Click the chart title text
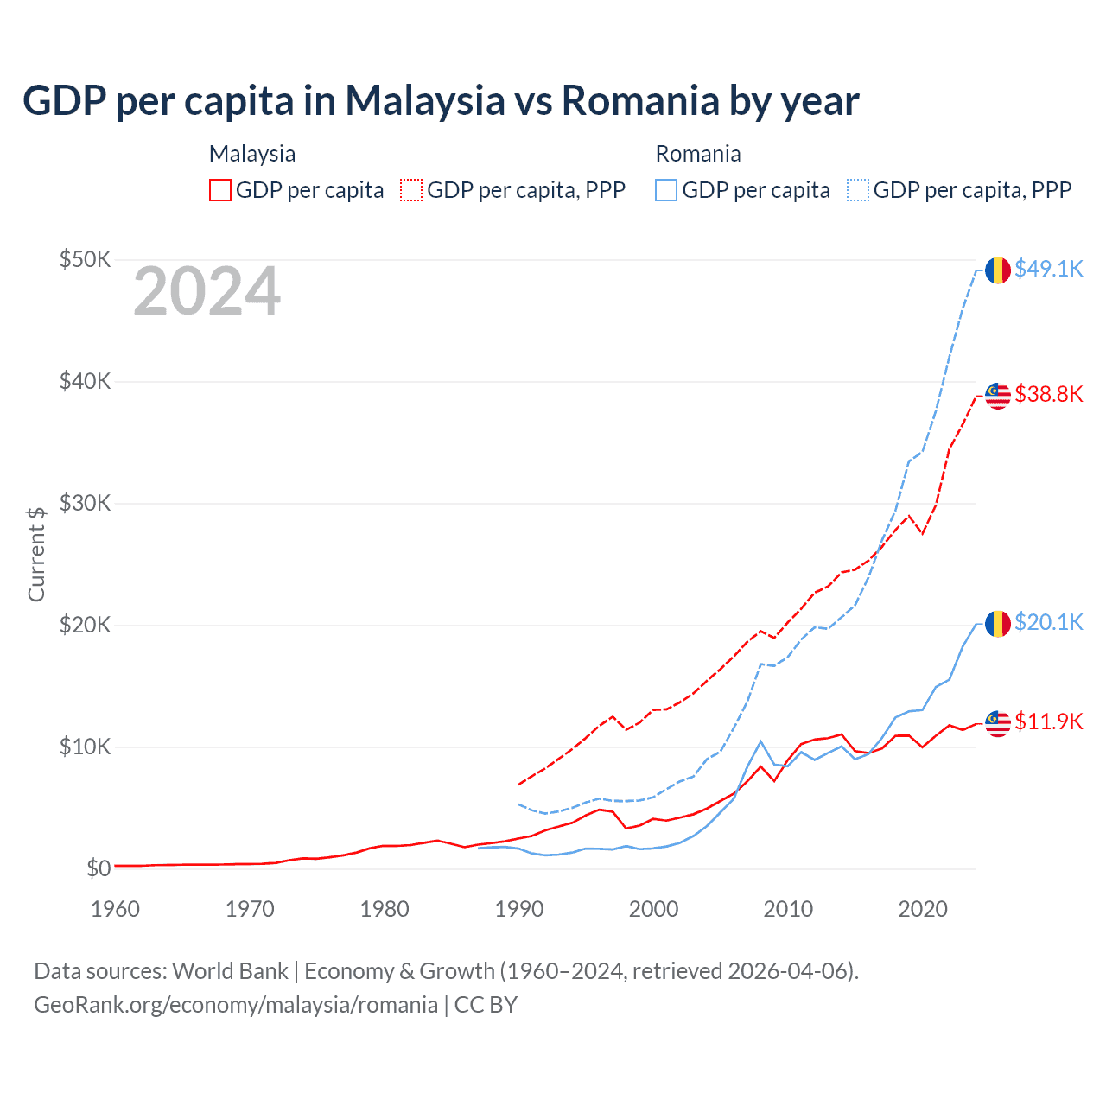441,100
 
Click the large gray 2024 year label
207,292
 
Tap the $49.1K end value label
1048,270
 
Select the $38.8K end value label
1048,395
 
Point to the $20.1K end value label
1048,623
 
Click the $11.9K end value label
1048,722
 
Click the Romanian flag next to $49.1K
998,270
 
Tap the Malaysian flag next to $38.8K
998,396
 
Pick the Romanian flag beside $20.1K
998,624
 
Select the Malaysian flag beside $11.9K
998,723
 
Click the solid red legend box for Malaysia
220,190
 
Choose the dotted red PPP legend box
411,190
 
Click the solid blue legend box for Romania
666,190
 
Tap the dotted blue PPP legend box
858,190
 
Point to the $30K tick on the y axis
85,503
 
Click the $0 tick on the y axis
99,868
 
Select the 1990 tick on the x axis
519,909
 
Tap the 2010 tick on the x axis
788,909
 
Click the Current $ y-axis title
36,554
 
